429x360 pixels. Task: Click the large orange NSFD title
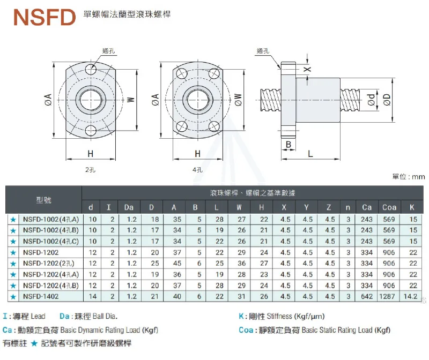45,17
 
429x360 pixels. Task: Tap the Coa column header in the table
389,207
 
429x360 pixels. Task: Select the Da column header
129,207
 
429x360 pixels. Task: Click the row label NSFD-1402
41,296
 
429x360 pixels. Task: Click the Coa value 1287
389,296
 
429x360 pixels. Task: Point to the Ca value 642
367,296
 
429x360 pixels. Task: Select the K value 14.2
413,296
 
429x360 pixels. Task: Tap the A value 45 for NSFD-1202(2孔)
174,263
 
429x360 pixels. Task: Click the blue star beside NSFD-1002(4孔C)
12,241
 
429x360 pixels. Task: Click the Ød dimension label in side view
371,98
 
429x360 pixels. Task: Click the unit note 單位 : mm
409,176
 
